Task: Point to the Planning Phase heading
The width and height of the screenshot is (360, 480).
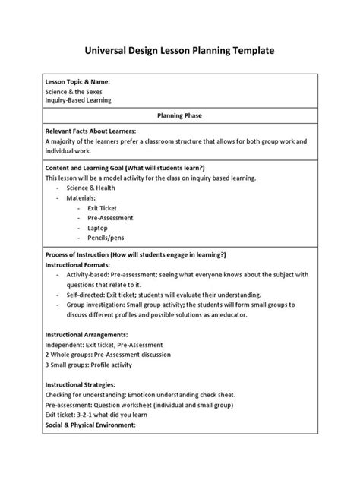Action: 180,116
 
